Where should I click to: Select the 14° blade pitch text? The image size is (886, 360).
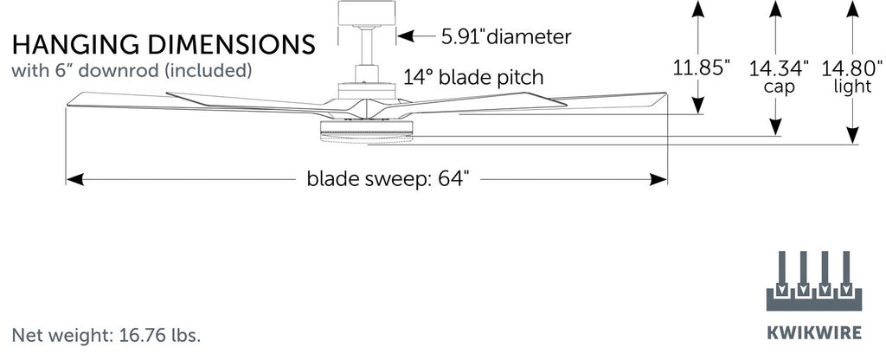pyautogui.click(x=472, y=78)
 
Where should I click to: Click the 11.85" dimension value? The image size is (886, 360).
pyautogui.click(x=703, y=67)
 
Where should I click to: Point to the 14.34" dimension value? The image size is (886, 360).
pyautogui.click(x=779, y=67)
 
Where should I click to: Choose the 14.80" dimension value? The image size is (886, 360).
pyautogui.click(x=852, y=67)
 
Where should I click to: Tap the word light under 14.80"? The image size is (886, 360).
pyautogui.click(x=852, y=87)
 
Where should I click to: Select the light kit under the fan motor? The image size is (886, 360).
pyautogui.click(x=366, y=132)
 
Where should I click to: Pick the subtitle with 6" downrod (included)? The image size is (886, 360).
pyautogui.click(x=131, y=68)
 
